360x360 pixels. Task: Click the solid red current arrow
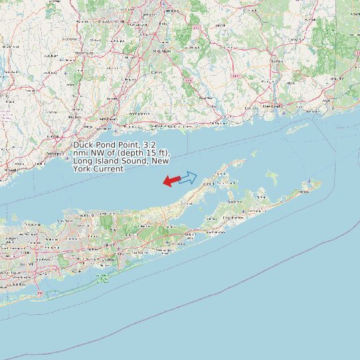click(x=171, y=181)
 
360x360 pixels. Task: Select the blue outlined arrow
click(x=188, y=177)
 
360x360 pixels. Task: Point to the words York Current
click(x=98, y=169)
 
